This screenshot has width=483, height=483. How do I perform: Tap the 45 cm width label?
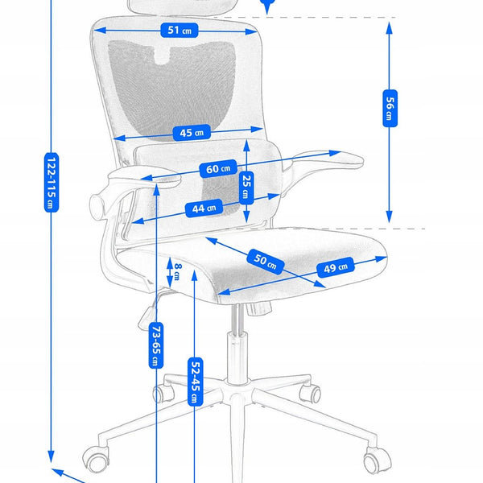coord(190,132)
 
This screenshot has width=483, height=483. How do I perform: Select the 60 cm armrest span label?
coord(217,169)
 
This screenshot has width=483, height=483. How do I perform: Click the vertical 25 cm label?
coord(247,190)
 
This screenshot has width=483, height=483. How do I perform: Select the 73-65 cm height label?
coord(152,344)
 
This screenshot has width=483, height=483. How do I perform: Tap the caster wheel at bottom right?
coord(373,461)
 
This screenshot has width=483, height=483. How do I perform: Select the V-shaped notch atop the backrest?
coord(170,56)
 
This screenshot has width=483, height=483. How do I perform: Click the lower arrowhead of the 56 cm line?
coord(389,218)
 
